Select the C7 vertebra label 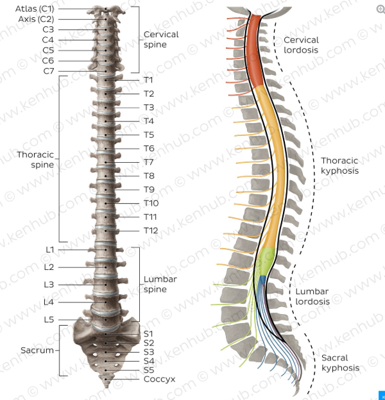coord(49,71)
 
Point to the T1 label coord(148,80)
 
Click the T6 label coord(149,148)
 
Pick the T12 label coord(151,231)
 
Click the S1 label coord(148,333)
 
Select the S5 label coord(149,370)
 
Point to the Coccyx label coord(159,379)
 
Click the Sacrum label coord(37,351)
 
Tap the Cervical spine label coord(161,39)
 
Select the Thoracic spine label coord(35,160)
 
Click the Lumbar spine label coord(160,284)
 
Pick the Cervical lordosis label coord(301,45)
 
